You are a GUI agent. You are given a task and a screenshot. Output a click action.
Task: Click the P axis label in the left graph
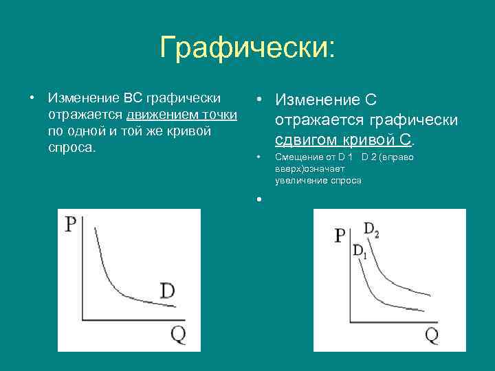[x=70, y=225]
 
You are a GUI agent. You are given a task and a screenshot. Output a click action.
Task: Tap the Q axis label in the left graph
[x=177, y=335]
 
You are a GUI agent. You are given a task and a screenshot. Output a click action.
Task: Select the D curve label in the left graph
[x=167, y=291]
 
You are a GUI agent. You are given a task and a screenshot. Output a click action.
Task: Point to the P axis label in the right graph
[x=340, y=236]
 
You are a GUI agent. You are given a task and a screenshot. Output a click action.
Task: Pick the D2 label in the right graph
[x=371, y=230]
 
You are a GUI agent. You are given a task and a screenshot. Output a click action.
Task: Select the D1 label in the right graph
[x=360, y=251]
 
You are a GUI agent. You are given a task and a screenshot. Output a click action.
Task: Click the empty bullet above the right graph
[x=258, y=199]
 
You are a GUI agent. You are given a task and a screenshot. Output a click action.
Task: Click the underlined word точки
[x=219, y=114]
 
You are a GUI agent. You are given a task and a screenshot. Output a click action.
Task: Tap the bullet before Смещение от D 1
[x=258, y=157]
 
